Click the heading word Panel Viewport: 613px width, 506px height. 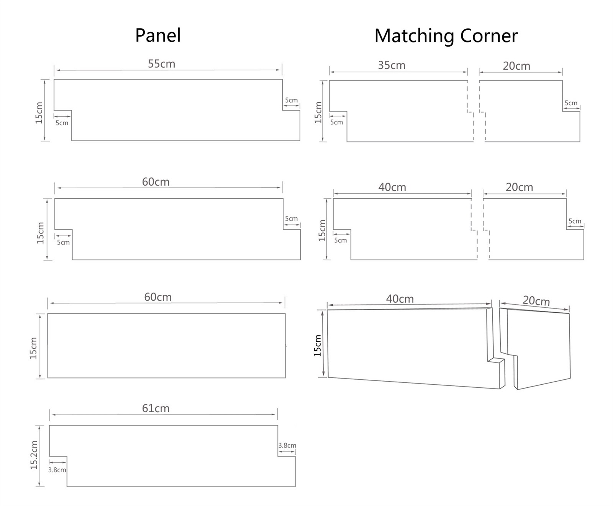pyautogui.click(x=158, y=35)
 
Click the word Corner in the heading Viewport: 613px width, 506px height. pyautogui.click(x=489, y=36)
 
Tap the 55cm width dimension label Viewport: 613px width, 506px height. pyautogui.click(x=161, y=64)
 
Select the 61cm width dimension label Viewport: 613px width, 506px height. pyautogui.click(x=156, y=408)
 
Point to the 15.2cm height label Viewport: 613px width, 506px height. pyautogui.click(x=34, y=455)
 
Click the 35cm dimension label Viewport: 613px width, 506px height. pyautogui.click(x=392, y=65)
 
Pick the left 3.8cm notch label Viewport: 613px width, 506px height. pyautogui.click(x=57, y=470)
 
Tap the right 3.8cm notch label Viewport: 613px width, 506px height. pyautogui.click(x=287, y=445)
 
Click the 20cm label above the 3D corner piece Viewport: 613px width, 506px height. pyautogui.click(x=536, y=301)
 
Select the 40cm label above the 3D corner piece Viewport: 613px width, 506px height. pyautogui.click(x=400, y=299)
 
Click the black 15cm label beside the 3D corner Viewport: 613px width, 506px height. pyautogui.click(x=318, y=346)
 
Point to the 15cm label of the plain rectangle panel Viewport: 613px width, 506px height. pyautogui.click(x=33, y=348)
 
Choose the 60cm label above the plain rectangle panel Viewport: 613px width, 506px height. pyautogui.click(x=157, y=297)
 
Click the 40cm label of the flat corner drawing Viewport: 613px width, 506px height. pyautogui.click(x=392, y=187)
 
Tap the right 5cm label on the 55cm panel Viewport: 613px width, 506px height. pyautogui.click(x=291, y=100)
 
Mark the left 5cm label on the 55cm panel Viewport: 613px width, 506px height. pyautogui.click(x=62, y=123)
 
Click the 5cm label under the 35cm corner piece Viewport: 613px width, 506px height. pyautogui.click(x=336, y=122)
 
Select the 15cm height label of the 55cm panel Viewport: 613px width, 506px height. pyautogui.click(x=39, y=113)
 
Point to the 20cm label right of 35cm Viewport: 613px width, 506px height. pyautogui.click(x=516, y=66)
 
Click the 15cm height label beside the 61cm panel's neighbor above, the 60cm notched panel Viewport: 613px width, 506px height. pyautogui.click(x=41, y=233)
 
